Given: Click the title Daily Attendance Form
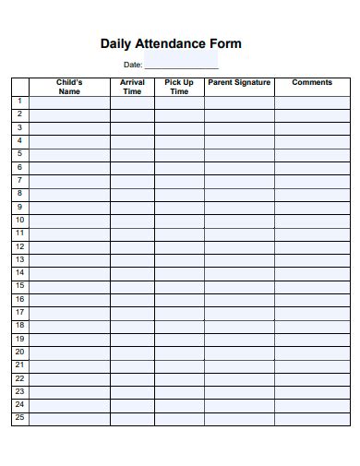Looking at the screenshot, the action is pyautogui.click(x=170, y=43).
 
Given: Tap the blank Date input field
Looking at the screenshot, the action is pyautogui.click(x=181, y=64).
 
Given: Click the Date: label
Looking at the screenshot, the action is pyautogui.click(x=133, y=65).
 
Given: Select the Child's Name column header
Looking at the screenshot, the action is pyautogui.click(x=69, y=87).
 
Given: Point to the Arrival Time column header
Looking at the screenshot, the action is pyautogui.click(x=132, y=87).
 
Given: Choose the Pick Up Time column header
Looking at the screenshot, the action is pyautogui.click(x=179, y=87).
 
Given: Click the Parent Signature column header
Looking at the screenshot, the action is pyautogui.click(x=239, y=83).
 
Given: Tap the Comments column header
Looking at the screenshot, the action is pyautogui.click(x=312, y=83).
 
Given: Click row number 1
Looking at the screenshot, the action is pyautogui.click(x=19, y=102).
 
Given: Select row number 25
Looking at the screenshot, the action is pyautogui.click(x=19, y=419).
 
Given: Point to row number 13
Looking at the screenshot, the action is pyautogui.click(x=19, y=260).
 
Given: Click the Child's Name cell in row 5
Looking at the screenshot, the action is pyautogui.click(x=69, y=154).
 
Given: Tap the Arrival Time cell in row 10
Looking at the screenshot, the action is pyautogui.click(x=132, y=221).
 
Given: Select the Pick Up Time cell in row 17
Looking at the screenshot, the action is pyautogui.click(x=179, y=313).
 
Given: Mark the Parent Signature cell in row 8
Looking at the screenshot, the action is pyautogui.click(x=239, y=194).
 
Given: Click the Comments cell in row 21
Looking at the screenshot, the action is pyautogui.click(x=312, y=366).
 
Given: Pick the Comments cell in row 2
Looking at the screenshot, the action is pyautogui.click(x=312, y=114).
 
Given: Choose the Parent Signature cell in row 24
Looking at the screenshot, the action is pyautogui.click(x=239, y=406).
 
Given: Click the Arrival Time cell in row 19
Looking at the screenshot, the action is pyautogui.click(x=132, y=340).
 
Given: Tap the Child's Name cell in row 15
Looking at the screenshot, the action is pyautogui.click(x=69, y=287).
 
